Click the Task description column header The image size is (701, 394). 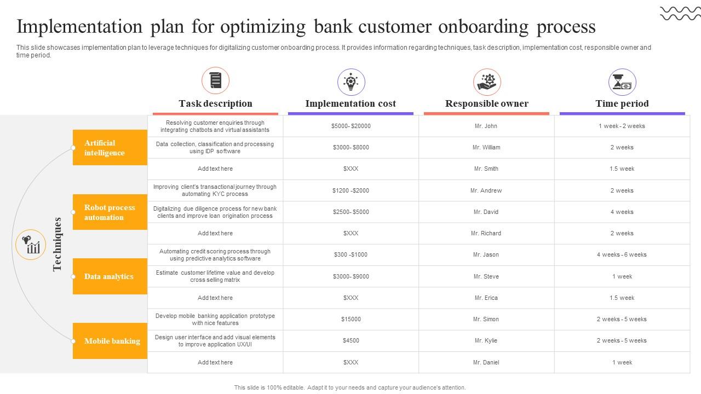[x=215, y=103]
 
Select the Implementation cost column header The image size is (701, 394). [x=350, y=103]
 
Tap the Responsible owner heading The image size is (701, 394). [x=486, y=103]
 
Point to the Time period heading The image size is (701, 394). [x=622, y=103]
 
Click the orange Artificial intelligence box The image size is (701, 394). [x=110, y=148]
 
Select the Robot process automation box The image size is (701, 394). [x=110, y=212]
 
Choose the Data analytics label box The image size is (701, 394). [x=110, y=276]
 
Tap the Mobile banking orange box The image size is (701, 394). [x=110, y=341]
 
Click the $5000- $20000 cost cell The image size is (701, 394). [x=350, y=126]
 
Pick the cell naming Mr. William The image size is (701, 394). [x=486, y=147]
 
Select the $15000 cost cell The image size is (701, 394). [x=350, y=319]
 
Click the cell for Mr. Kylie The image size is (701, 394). [x=486, y=340]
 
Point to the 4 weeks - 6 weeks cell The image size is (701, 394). [x=622, y=254]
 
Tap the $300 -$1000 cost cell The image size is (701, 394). [x=350, y=254]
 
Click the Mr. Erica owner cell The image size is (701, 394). [x=486, y=298]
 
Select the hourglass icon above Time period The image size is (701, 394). [x=622, y=82]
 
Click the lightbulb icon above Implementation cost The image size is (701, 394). [x=351, y=82]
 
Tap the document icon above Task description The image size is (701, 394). [x=215, y=81]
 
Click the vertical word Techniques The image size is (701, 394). [x=58, y=244]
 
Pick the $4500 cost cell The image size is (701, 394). [x=350, y=340]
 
